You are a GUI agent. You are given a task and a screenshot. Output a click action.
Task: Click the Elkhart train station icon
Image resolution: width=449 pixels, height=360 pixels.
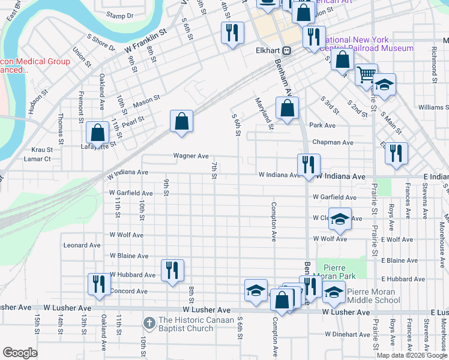[x=287, y=50]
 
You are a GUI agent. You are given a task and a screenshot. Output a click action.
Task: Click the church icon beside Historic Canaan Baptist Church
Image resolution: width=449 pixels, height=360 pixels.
[x=149, y=323]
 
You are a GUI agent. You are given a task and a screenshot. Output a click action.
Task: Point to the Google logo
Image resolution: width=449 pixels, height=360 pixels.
[x=20, y=353]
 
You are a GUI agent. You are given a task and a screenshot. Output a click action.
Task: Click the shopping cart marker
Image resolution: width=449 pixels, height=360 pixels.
[x=366, y=75]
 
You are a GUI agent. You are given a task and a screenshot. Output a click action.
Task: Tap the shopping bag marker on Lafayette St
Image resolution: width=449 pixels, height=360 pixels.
[x=97, y=133]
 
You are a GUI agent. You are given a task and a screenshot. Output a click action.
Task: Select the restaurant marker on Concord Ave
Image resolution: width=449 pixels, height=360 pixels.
[x=99, y=284]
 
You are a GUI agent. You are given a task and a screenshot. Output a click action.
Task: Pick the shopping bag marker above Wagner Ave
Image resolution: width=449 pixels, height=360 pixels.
[x=181, y=122]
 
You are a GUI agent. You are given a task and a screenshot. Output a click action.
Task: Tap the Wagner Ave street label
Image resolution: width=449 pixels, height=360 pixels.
[x=191, y=156]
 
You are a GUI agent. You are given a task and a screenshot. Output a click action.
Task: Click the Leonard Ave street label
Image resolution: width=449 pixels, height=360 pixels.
[x=82, y=245]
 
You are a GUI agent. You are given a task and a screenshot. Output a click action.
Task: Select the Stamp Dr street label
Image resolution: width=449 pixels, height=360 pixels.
[x=119, y=15]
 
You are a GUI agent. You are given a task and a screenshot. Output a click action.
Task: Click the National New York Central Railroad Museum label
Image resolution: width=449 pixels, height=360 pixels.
[x=366, y=44]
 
